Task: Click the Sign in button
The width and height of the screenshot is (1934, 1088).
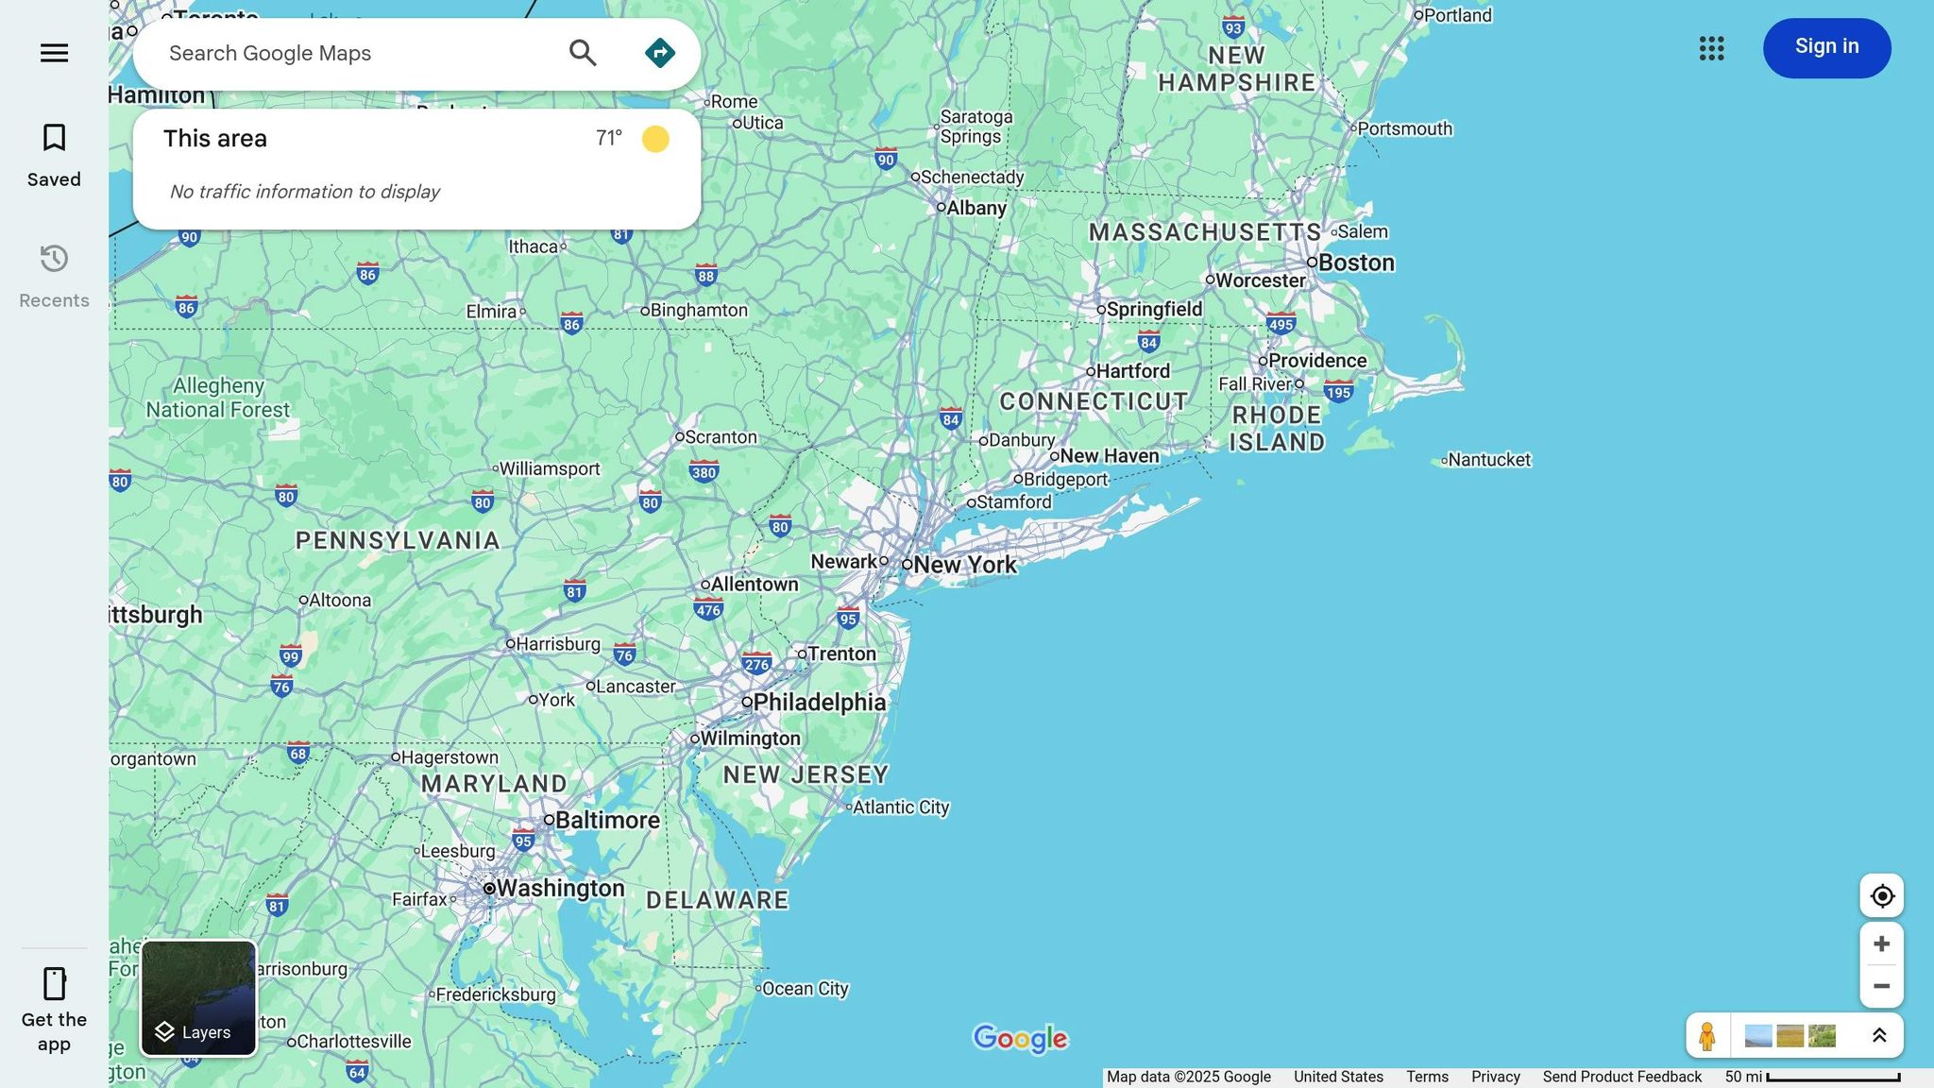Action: (1826, 47)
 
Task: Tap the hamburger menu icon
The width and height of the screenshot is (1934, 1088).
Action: (54, 53)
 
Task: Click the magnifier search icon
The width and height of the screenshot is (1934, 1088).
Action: (583, 53)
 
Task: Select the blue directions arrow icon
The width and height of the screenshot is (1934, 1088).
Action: (659, 53)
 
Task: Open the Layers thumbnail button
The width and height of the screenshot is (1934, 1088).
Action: (198, 998)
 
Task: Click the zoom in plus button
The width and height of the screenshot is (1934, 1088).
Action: (1881, 943)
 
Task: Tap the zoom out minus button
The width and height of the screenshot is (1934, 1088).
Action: (1881, 986)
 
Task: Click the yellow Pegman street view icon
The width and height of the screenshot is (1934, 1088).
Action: (1706, 1036)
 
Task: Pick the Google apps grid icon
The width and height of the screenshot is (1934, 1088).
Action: (1711, 48)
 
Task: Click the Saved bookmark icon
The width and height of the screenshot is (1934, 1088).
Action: (54, 139)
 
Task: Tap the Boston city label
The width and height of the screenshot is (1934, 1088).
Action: (1355, 263)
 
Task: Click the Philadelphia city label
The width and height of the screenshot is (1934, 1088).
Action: (819, 702)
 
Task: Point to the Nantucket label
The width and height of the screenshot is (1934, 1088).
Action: (1488, 460)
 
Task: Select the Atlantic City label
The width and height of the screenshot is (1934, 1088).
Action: (900, 807)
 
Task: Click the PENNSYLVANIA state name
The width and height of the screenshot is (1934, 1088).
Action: (398, 540)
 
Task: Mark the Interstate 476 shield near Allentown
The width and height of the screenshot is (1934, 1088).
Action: (708, 609)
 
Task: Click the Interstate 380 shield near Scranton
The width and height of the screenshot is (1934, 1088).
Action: (704, 472)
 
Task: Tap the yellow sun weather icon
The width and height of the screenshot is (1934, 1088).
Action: (655, 139)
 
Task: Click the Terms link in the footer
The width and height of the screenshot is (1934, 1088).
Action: (1427, 1077)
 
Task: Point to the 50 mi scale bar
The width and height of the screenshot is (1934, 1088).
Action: (1832, 1078)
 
